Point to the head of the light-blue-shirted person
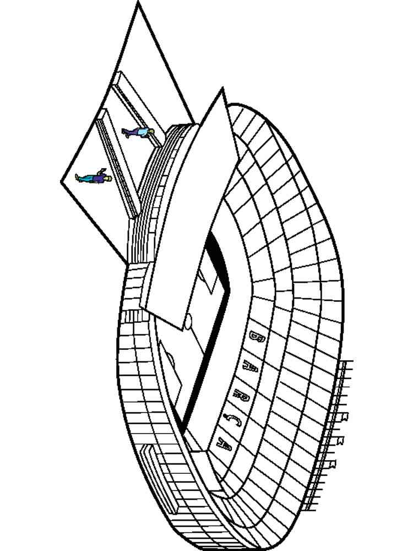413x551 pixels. [x=151, y=131]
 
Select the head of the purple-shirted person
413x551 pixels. [x=108, y=178]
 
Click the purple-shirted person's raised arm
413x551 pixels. [x=102, y=171]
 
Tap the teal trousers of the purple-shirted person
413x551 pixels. [x=84, y=178]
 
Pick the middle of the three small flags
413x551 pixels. [x=340, y=440]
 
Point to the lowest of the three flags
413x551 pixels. [x=333, y=463]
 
